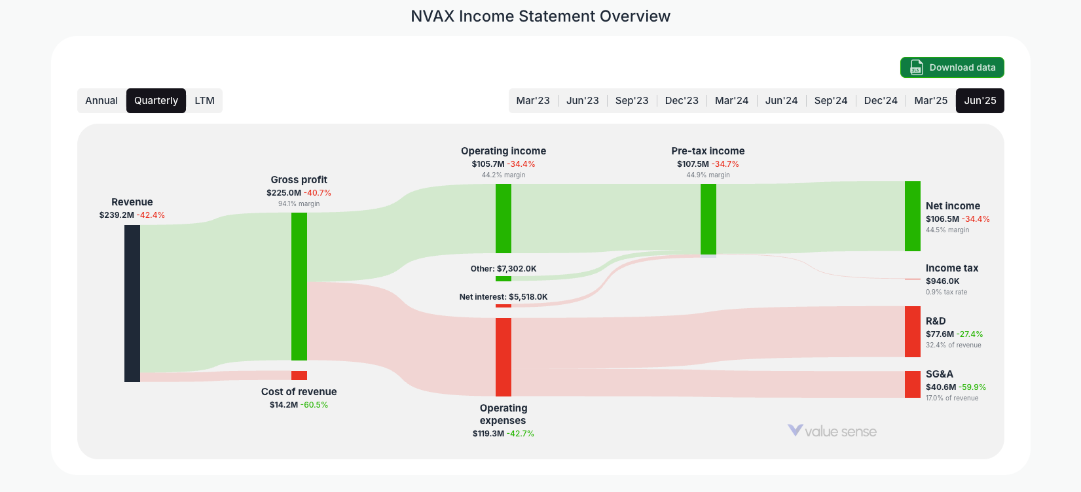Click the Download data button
(952, 67)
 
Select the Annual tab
(101, 101)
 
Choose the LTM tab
(204, 101)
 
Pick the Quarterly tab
(156, 101)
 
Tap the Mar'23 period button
(533, 101)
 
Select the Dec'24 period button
(881, 101)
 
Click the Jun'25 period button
(980, 101)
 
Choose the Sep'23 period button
(632, 101)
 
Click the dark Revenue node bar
(132, 303)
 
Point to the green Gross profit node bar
(299, 286)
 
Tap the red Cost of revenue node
(299, 376)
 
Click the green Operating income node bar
(504, 218)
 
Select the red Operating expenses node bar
(504, 357)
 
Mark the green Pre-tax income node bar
(708, 219)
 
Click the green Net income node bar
(913, 216)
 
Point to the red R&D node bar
(913, 332)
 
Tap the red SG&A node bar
(913, 384)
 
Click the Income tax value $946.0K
(942, 281)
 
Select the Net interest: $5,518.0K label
(504, 297)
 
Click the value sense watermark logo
(832, 431)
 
